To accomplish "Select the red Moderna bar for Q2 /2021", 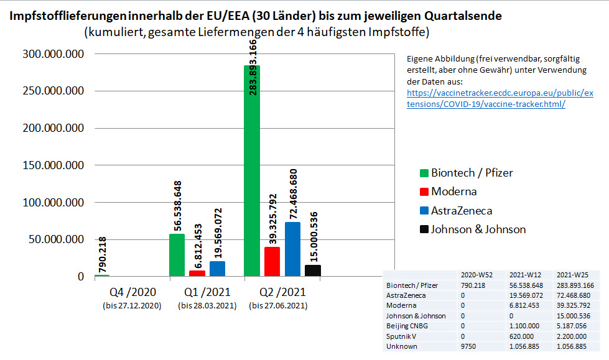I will tap(272, 261).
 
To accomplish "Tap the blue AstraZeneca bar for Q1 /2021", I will tap(217, 269).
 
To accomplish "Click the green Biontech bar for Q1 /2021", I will tap(177, 255).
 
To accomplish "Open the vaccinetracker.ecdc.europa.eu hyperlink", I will tap(500, 98).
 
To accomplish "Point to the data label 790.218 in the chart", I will tap(102, 255).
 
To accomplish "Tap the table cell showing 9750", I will tap(470, 346).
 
